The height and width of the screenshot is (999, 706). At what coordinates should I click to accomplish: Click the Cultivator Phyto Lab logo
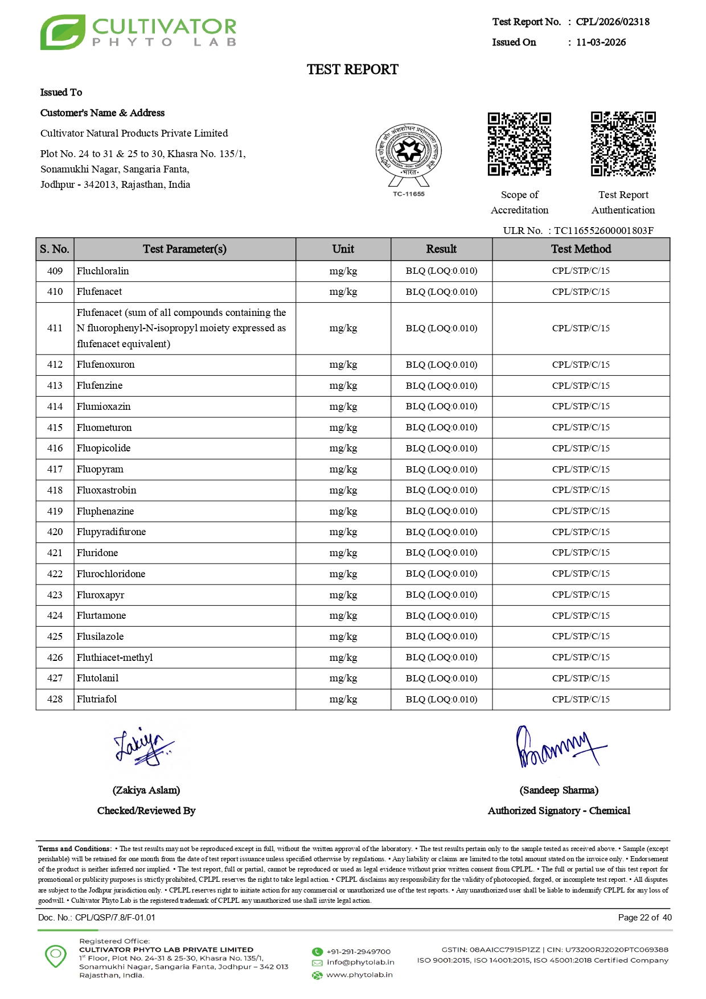[x=138, y=32]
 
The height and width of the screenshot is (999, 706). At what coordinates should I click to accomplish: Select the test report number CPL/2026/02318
[x=613, y=22]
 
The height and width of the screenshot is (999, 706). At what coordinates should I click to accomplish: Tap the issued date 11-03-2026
[x=601, y=42]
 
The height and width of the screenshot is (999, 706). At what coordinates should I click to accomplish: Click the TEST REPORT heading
[x=352, y=69]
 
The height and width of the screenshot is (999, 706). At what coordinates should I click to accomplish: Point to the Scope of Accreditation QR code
[x=519, y=144]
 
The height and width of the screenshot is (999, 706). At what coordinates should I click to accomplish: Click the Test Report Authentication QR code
[x=623, y=144]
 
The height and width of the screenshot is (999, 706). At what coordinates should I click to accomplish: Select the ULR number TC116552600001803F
[x=604, y=231]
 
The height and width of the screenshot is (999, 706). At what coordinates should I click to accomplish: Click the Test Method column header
[x=581, y=249]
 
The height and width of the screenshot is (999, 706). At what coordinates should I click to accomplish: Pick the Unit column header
[x=343, y=249]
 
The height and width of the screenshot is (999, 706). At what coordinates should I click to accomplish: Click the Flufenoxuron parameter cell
[x=106, y=364]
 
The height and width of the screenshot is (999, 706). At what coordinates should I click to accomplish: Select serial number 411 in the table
[x=55, y=328]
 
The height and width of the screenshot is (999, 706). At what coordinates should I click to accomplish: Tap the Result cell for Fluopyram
[x=441, y=469]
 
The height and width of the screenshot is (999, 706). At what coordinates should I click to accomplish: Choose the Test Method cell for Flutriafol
[x=581, y=699]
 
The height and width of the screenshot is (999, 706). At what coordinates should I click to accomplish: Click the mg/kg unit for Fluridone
[x=343, y=553]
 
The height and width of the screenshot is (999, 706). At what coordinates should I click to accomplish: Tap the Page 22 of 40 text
[x=645, y=918]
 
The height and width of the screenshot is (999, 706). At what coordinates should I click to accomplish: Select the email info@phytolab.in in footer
[x=360, y=962]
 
